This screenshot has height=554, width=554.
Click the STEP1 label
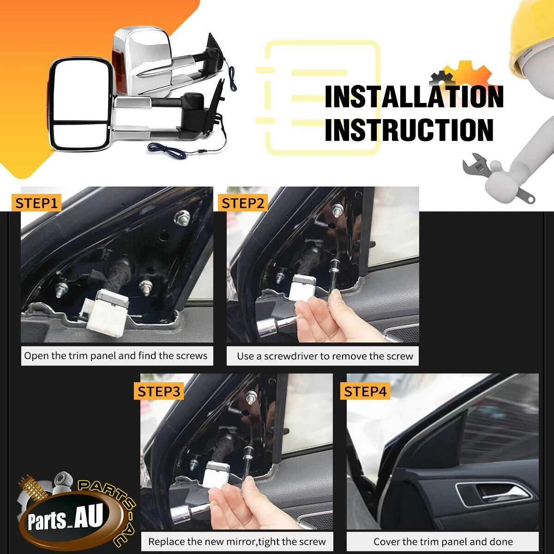click(36, 203)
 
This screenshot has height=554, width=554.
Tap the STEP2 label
click(243, 203)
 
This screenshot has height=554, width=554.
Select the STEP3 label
click(159, 391)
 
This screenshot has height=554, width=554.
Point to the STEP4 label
click(365, 391)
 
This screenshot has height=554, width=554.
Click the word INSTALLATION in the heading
click(414, 97)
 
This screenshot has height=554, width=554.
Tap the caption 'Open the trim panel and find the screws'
click(115, 355)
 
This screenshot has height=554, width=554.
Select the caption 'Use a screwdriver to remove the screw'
click(325, 356)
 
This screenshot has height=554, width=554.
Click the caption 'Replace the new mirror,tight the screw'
click(237, 542)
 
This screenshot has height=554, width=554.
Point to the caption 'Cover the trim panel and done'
click(443, 542)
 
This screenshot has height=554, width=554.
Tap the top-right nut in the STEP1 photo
click(182, 217)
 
